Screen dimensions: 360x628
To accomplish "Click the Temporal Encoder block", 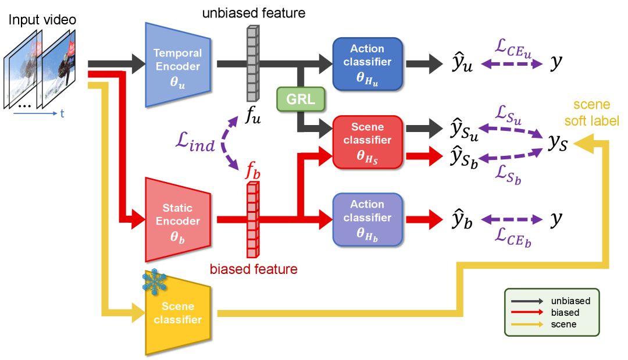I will pos(177,65).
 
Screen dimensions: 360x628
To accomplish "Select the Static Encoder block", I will pos(177,220).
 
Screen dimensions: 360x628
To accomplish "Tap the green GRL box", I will pos(300,99).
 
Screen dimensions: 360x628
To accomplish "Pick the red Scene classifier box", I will pos(367,141).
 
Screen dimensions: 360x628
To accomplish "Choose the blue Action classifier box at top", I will pos(367,63).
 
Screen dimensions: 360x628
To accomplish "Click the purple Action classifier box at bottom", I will pos(367,218).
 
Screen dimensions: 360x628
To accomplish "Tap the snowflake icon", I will pos(154,281).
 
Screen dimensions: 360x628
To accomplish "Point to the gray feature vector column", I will pos(251,64).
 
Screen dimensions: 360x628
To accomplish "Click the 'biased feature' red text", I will pos(254,269).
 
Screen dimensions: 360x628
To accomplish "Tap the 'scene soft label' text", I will pos(591,113).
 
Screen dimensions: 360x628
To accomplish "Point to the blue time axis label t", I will pos(62,114).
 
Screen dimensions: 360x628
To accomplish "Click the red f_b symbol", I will pos(252,171).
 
